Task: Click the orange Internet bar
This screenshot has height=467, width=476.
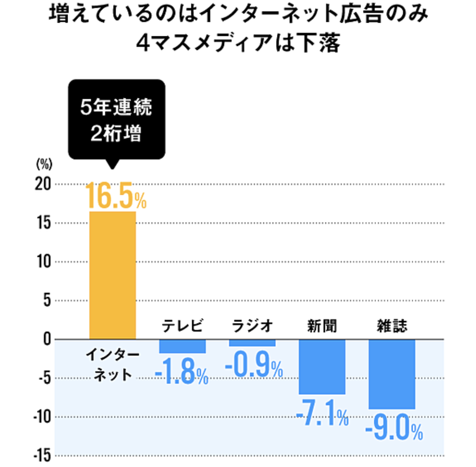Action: point(112,275)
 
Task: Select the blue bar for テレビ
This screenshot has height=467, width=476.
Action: point(182,346)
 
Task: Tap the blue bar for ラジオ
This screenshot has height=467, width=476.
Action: point(252,342)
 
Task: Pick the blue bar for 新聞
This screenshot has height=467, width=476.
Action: point(322,366)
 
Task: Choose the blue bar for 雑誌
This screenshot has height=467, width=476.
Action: point(392,374)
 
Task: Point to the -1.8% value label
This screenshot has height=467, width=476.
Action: point(182,372)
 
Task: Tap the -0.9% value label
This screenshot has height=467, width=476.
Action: point(254,365)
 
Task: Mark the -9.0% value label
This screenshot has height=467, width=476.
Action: point(394,427)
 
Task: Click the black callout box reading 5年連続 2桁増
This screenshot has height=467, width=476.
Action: point(117,119)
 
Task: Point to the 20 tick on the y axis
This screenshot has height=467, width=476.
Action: point(43,184)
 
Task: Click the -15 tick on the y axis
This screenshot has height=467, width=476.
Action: point(42,456)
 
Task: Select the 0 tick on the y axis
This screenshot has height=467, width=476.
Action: point(47,339)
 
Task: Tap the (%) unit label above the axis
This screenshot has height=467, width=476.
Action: point(44,164)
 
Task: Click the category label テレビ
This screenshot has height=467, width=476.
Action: point(182,325)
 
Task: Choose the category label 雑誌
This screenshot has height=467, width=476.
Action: point(392,325)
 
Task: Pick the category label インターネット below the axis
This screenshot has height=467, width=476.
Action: point(112,365)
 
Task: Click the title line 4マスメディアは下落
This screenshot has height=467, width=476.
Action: point(238,42)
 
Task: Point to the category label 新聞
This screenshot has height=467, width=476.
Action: point(322,325)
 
